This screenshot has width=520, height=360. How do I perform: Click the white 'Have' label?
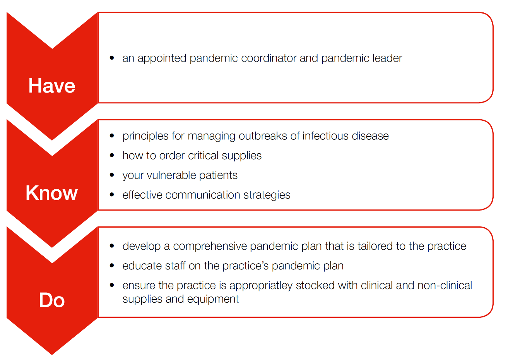point(52,86)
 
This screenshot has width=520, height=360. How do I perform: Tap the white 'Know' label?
point(51,193)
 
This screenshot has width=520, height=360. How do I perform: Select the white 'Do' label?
point(52,300)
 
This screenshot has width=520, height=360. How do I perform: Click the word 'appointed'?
point(162,58)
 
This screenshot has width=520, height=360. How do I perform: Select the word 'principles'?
point(145,136)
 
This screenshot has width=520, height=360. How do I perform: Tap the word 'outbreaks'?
point(263,136)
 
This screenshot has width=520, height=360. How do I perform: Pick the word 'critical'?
point(203,156)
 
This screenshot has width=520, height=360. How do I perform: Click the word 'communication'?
point(202,195)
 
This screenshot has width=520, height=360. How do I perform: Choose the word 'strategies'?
point(267,195)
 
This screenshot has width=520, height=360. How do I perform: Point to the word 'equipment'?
point(213,300)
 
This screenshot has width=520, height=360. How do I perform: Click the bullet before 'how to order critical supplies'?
point(112,155)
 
